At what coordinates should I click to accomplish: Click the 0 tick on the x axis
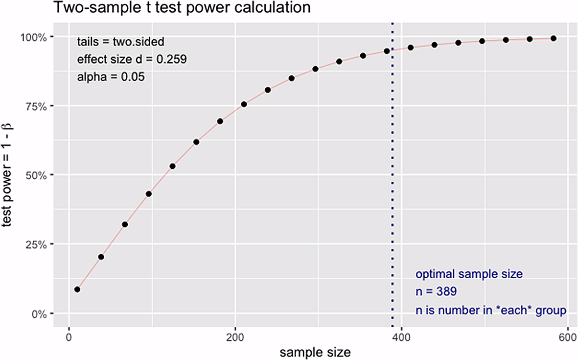click(x=69, y=337)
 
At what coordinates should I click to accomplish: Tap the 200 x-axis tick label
click(x=235, y=337)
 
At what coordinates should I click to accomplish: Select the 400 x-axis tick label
click(x=401, y=337)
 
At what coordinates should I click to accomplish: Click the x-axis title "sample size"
click(x=315, y=352)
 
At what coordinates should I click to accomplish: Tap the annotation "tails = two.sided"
click(x=124, y=42)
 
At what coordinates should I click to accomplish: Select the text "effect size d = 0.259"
click(x=132, y=59)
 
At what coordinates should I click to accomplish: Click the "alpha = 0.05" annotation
click(x=111, y=77)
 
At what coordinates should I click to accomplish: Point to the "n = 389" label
click(x=436, y=292)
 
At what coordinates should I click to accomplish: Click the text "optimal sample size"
click(x=469, y=274)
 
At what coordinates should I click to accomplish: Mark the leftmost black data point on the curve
click(x=77, y=289)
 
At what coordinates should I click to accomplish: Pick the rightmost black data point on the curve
click(x=554, y=38)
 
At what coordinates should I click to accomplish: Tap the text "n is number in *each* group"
click(x=491, y=311)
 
